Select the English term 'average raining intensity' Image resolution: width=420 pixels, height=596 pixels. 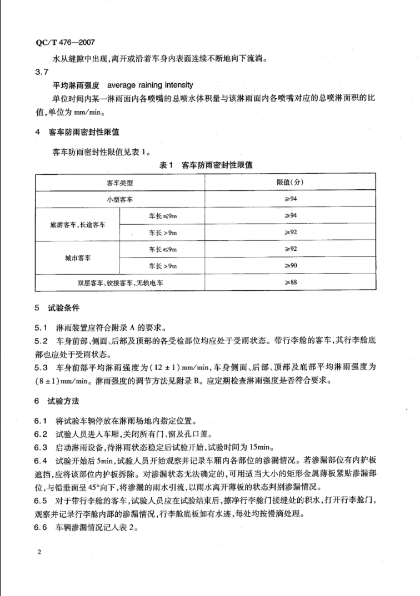150,85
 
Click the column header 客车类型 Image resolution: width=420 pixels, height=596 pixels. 121,183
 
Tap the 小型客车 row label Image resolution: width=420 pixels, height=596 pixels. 121,198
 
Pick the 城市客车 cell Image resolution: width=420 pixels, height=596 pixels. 77,259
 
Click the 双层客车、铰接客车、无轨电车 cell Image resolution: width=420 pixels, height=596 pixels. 121,283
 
